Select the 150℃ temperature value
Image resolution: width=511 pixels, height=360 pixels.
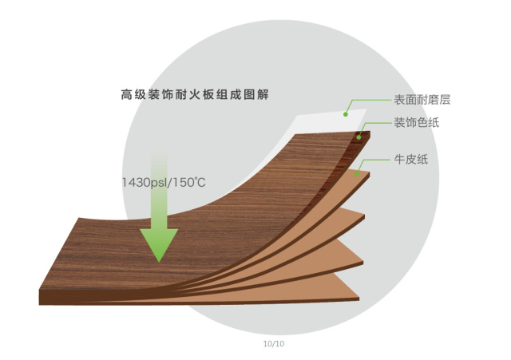[x=189, y=183]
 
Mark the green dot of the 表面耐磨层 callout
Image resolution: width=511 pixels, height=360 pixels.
[x=346, y=114]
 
